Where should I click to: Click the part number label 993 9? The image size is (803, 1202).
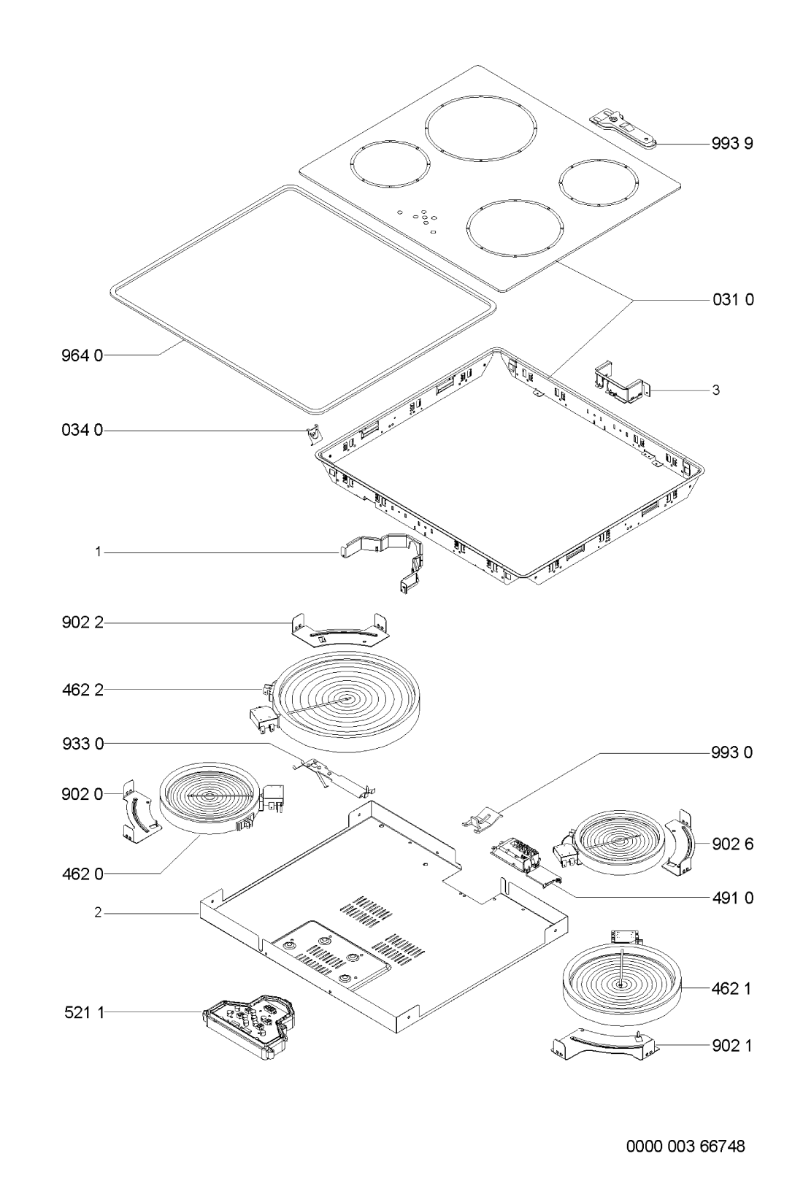732,143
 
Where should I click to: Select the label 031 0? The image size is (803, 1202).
733,299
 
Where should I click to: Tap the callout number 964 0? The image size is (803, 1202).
82,355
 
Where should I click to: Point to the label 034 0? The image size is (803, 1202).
82,430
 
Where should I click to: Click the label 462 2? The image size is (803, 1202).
82,690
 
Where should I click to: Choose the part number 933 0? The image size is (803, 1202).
82,744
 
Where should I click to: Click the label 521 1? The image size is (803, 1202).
84,1012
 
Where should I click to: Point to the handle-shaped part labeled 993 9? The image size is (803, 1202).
623,129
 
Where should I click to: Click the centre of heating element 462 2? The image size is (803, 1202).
347,698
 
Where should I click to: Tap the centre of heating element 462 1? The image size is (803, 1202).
621,984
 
